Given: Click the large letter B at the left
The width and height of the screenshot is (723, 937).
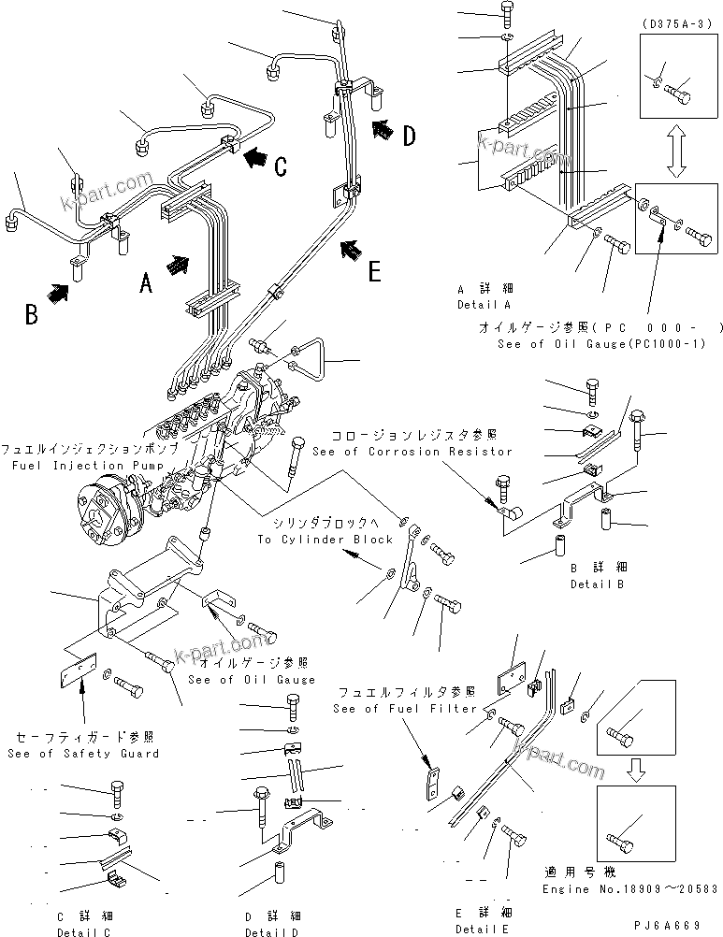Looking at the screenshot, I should (x=32, y=313).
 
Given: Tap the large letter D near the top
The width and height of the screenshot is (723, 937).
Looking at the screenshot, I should (x=409, y=137).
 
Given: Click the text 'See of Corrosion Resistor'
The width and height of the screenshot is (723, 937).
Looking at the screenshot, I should (x=412, y=452).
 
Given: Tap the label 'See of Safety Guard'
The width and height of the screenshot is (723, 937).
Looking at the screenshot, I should (x=82, y=753).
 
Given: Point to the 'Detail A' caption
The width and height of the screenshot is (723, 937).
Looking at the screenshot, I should (x=484, y=305).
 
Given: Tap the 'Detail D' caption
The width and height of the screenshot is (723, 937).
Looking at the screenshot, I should (x=272, y=931).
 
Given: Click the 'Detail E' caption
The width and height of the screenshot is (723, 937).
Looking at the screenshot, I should (x=484, y=928).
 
